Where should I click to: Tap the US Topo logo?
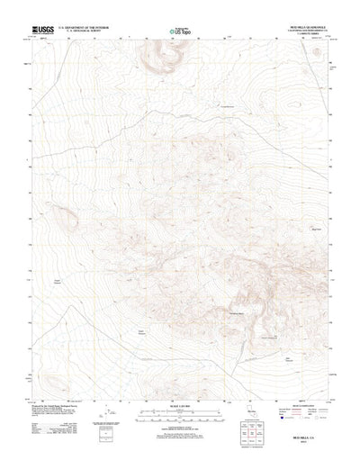pyautogui.click(x=179, y=32)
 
